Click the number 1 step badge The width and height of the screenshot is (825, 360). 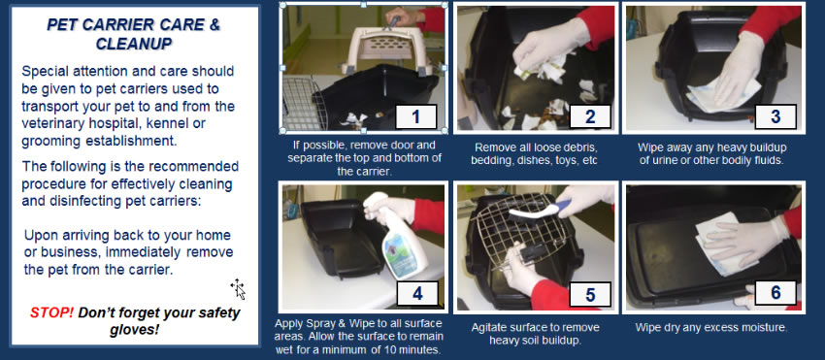pos(415,116)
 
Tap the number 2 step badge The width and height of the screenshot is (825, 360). pos(590,116)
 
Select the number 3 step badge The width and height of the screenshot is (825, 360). pos(775,116)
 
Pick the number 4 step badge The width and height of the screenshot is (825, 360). pos(417,293)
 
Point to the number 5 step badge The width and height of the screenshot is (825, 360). pos(590,294)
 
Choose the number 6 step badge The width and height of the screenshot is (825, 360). pos(775,293)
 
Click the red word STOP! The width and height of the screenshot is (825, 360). pos(51,312)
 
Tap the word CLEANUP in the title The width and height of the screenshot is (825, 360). pos(134,43)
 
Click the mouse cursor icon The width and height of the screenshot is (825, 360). pos(238,289)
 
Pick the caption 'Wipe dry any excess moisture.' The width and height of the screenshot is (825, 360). pos(711,327)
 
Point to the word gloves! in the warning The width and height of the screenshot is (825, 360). pos(134,331)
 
